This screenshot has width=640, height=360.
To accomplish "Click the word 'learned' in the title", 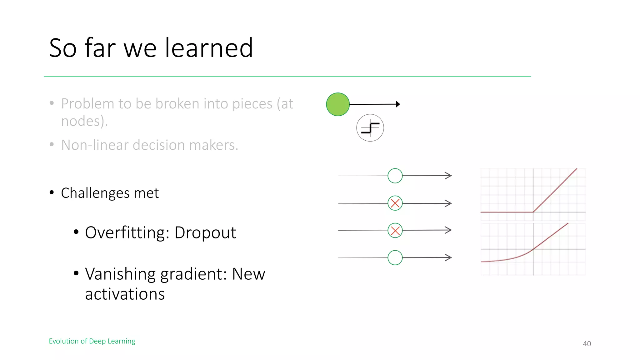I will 209,48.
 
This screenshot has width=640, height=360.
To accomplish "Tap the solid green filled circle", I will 337,104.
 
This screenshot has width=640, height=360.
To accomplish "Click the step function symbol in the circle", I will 370,128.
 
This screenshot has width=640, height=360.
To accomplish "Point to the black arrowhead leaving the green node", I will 398,104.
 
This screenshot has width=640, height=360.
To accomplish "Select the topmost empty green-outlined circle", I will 395,176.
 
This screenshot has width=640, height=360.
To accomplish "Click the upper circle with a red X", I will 395,203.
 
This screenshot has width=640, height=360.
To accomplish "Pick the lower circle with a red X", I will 395,231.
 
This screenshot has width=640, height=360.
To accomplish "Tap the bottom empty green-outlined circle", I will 395,258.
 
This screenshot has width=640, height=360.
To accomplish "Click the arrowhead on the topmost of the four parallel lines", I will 448,176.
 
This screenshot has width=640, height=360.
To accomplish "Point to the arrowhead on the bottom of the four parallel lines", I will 448,257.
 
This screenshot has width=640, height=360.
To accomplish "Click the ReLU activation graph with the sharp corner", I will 533,194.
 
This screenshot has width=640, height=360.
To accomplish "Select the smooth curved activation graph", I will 533,249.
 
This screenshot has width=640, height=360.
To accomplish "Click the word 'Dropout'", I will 205,232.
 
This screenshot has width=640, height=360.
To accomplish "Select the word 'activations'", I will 125,294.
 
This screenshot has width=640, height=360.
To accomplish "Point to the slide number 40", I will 587,344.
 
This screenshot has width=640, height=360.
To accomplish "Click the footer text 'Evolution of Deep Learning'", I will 92,341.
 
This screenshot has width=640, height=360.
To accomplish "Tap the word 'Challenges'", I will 95,193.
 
